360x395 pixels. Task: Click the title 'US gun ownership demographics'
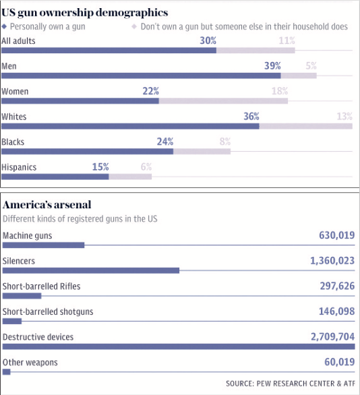click(85, 13)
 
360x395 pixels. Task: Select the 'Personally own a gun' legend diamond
click(4, 26)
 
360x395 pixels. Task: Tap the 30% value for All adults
click(208, 40)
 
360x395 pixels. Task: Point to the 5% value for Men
click(311, 66)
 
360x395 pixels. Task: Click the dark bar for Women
click(80, 101)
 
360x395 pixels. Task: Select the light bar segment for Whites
click(306, 126)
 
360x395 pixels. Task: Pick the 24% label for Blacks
click(165, 142)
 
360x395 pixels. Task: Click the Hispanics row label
click(19, 167)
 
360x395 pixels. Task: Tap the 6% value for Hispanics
click(146, 166)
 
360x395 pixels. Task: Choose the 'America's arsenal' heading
click(47, 204)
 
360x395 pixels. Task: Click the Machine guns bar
click(43, 245)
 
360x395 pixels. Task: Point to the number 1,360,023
click(332, 261)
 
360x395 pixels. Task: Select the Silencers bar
click(91, 270)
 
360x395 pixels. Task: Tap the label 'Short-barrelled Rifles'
click(42, 286)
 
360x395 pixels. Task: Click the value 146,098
click(337, 311)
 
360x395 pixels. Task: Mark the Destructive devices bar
click(179, 346)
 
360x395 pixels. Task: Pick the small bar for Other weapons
click(7, 372)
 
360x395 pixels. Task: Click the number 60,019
click(340, 362)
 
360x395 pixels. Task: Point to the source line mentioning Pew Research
click(291, 384)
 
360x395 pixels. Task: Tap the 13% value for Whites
click(344, 117)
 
